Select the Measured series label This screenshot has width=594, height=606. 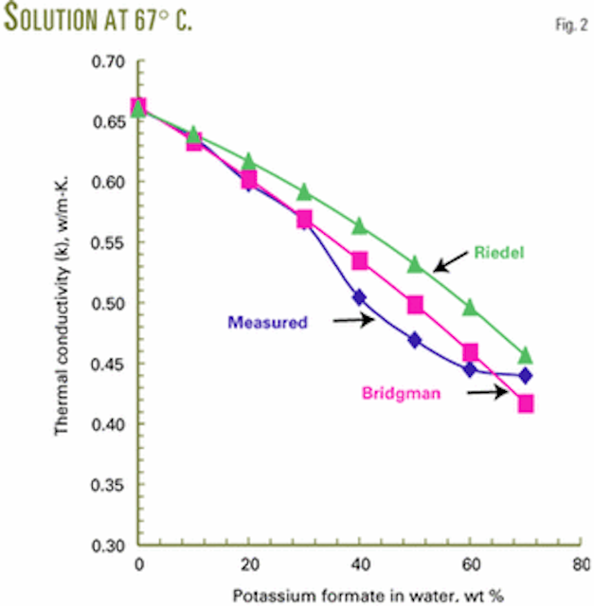point(267,322)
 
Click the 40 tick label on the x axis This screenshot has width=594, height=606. point(359,564)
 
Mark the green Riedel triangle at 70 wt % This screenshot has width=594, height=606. point(526,356)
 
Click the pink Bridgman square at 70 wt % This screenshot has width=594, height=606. point(526,404)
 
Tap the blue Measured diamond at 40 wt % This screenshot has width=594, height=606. point(359,297)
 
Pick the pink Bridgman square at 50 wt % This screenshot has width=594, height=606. point(415,305)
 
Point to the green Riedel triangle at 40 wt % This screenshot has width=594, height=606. point(359,226)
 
